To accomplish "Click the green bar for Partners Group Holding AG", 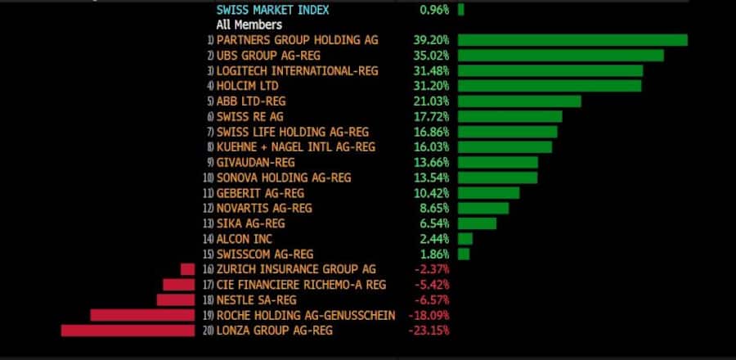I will point(572,40).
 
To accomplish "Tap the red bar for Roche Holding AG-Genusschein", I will point(143,315).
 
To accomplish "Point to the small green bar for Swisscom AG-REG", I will point(464,254).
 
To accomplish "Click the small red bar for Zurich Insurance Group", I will point(188,269).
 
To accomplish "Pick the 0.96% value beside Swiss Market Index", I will point(434,10).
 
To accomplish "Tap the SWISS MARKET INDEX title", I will point(273,10).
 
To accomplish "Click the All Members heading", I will point(249,25).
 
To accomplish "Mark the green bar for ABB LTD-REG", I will point(519,101).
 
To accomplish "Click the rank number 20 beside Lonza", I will point(208,331).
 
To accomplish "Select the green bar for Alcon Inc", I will point(465,239).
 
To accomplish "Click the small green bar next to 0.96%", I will point(461,10).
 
